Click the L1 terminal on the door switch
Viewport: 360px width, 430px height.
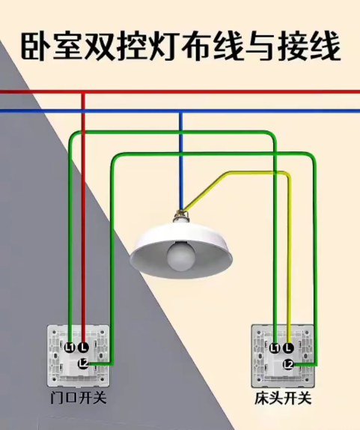(x=70, y=348)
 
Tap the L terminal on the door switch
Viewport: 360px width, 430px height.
(x=83, y=348)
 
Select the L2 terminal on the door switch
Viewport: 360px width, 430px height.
(x=83, y=364)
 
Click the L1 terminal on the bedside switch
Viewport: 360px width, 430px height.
(x=275, y=348)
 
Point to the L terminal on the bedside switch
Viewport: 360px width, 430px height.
(x=288, y=348)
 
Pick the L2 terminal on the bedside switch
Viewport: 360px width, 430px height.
(x=288, y=365)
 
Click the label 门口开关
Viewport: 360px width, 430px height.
(x=79, y=397)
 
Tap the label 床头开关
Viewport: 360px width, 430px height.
(x=284, y=398)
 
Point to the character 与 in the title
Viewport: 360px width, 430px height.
(x=260, y=47)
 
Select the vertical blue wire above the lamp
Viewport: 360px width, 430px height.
(x=181, y=162)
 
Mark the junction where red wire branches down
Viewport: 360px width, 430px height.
(x=83, y=91)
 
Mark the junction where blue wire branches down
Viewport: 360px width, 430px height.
(x=181, y=111)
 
